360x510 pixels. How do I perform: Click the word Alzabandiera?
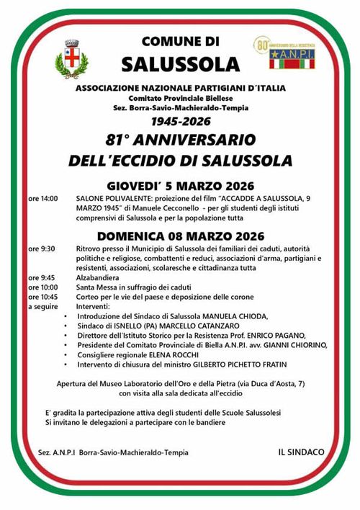100,277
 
